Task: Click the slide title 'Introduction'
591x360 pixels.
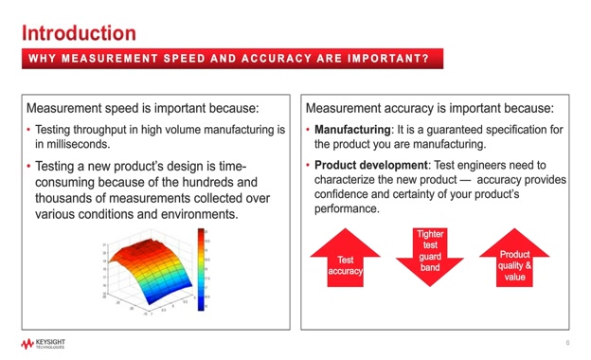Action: pyautogui.click(x=79, y=33)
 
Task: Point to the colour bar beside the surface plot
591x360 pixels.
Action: pyautogui.click(x=201, y=270)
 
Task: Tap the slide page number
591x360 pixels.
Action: pyautogui.click(x=566, y=343)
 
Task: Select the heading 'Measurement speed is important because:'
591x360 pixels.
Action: pyautogui.click(x=143, y=107)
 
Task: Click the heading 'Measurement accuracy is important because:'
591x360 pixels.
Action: pyautogui.click(x=429, y=107)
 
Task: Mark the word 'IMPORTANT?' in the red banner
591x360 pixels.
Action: pyautogui.click(x=392, y=59)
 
